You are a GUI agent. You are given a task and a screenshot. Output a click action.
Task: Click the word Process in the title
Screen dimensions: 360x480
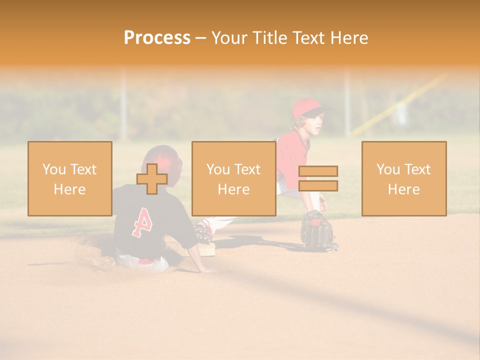(157, 38)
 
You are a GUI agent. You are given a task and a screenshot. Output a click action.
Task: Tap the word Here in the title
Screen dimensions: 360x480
(349, 38)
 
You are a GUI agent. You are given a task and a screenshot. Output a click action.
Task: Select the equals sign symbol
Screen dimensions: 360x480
(318, 178)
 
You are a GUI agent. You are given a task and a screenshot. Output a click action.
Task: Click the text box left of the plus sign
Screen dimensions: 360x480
(69, 178)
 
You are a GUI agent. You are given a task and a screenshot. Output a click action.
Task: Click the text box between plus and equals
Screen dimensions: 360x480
(233, 178)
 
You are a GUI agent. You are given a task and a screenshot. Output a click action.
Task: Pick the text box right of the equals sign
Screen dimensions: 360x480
(403, 178)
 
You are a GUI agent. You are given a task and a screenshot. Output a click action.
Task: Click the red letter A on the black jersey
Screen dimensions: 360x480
(141, 221)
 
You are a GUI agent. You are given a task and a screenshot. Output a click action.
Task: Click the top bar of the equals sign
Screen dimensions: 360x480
(318, 171)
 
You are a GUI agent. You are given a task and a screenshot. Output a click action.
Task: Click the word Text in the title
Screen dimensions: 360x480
(309, 38)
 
